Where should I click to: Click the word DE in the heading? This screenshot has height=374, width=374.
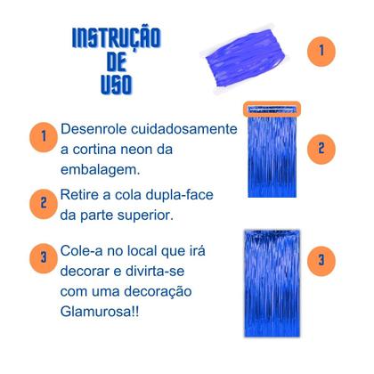pos(115,62)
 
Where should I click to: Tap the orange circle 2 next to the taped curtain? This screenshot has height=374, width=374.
pos(321,147)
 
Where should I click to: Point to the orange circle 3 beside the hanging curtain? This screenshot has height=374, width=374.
pos(321,261)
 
